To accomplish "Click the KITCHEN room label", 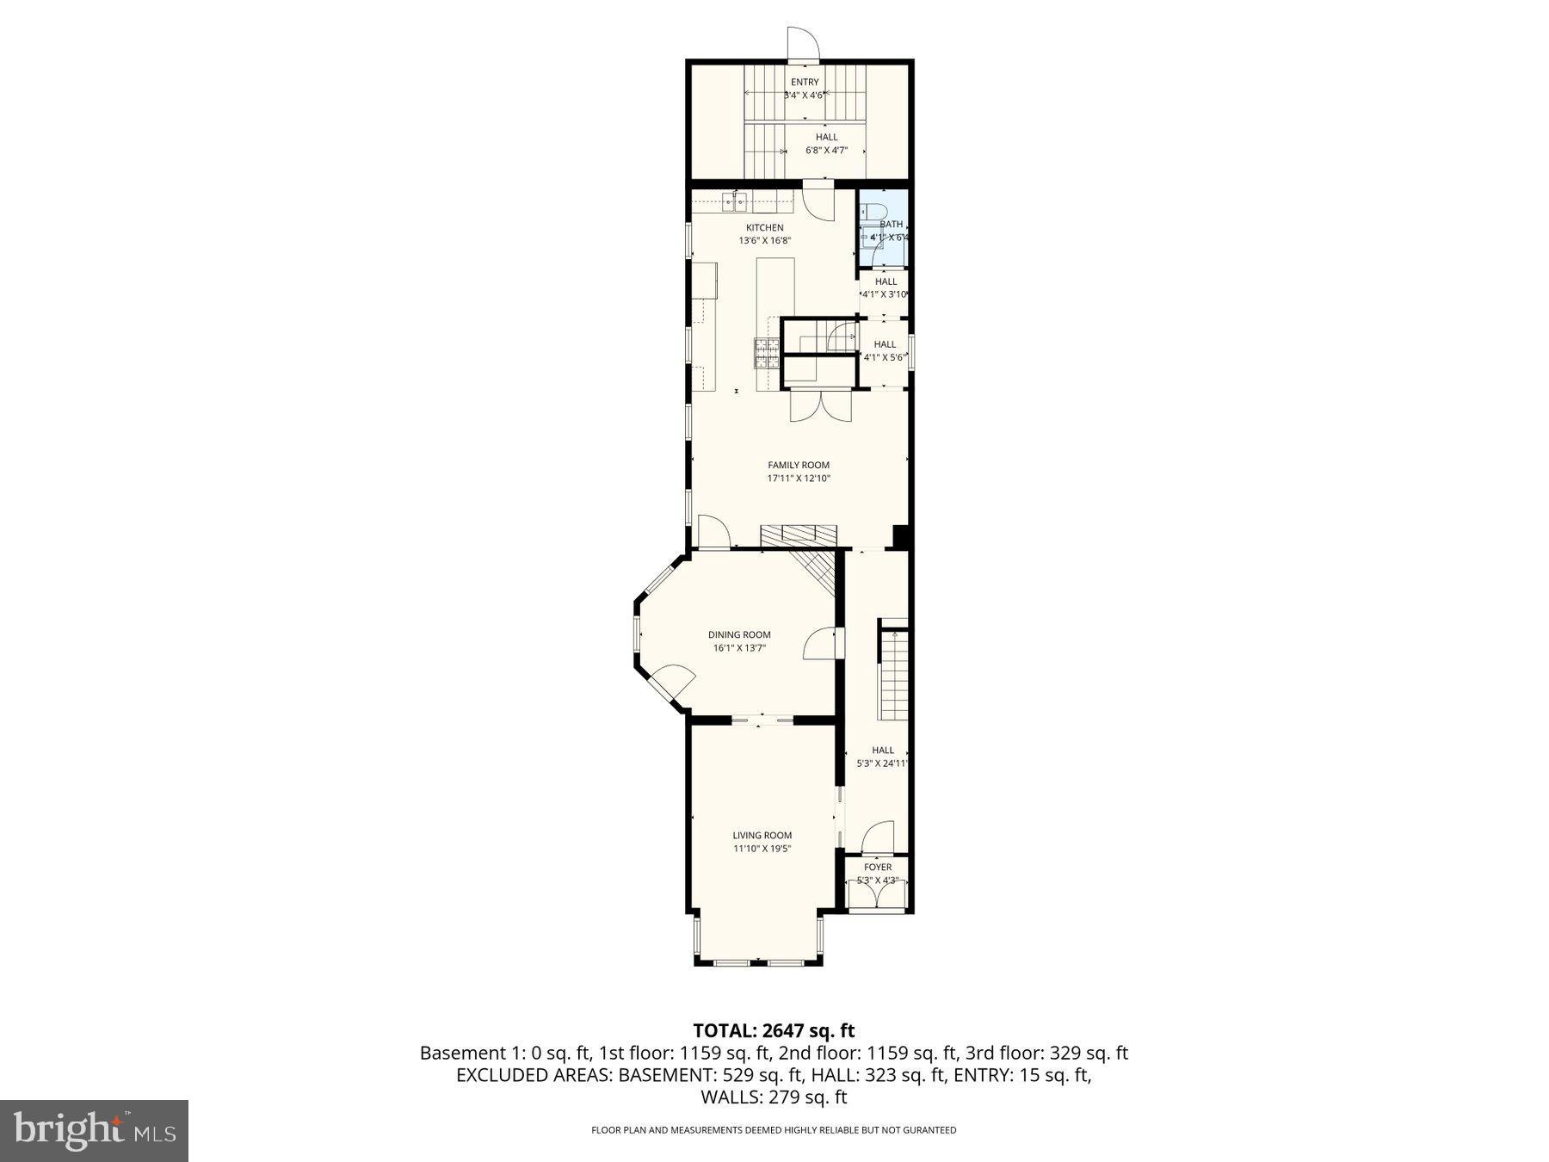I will point(764,228).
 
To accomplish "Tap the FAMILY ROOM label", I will point(799,465).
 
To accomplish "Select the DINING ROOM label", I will point(739,634).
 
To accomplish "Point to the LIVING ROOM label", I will point(762,835).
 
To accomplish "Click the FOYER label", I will point(878,867).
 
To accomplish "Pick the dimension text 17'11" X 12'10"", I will point(799,479).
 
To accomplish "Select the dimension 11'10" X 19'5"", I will point(762,849).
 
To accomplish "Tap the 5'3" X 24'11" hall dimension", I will point(883,763).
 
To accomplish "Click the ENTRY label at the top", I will point(805,83).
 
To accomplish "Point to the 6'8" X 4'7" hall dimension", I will point(826,151).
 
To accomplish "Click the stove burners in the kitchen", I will point(768,353).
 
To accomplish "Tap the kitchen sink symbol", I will point(734,203).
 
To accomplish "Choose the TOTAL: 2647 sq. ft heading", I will point(774,1030).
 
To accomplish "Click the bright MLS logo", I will point(94,1130).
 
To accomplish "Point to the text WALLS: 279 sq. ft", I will point(774,1097).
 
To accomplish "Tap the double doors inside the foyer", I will point(877,895).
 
